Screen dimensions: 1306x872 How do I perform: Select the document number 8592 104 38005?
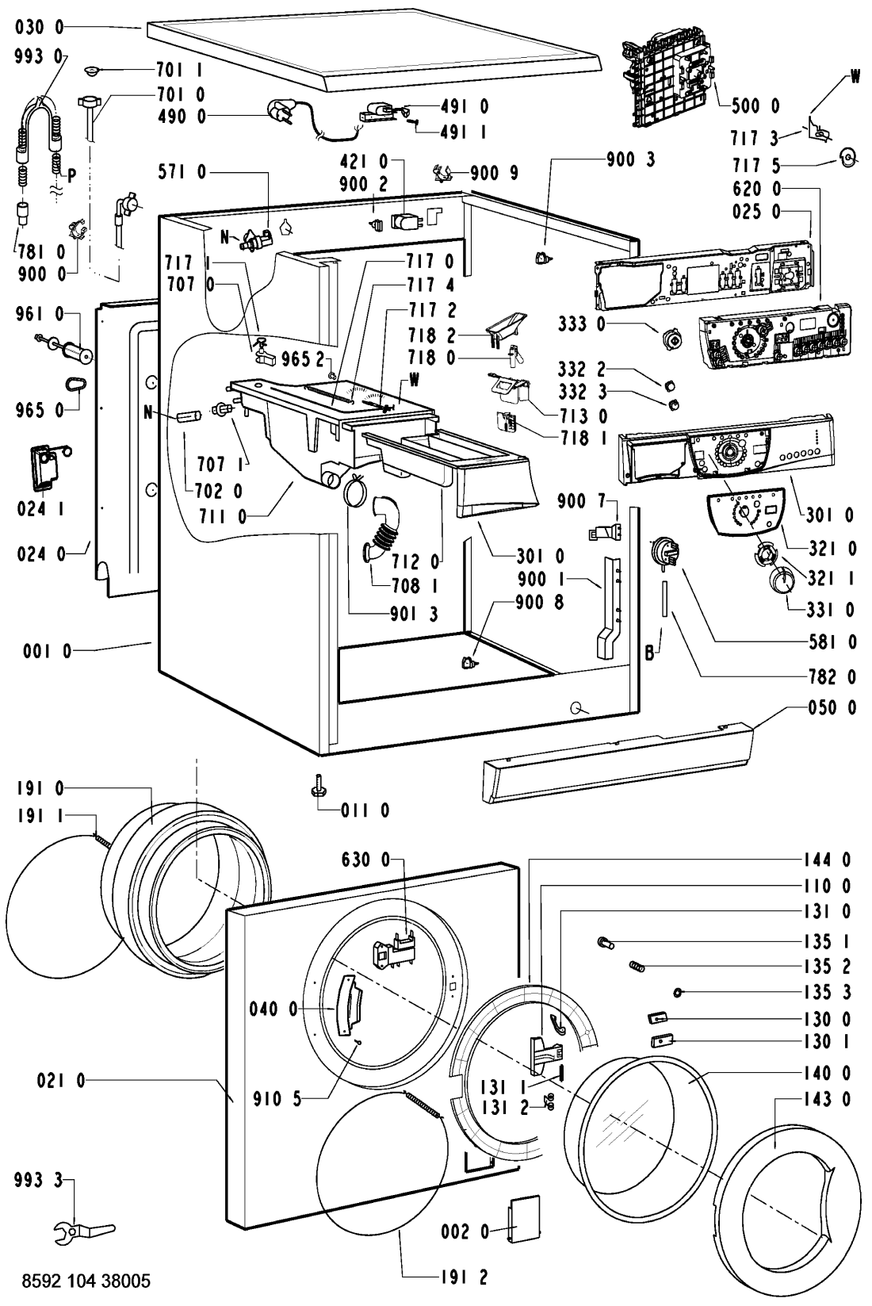click(x=76, y=1281)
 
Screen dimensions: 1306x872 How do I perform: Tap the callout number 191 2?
click(x=462, y=1277)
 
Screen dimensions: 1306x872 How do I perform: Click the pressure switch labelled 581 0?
click(x=664, y=550)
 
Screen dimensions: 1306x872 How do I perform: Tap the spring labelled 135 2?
click(x=637, y=964)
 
